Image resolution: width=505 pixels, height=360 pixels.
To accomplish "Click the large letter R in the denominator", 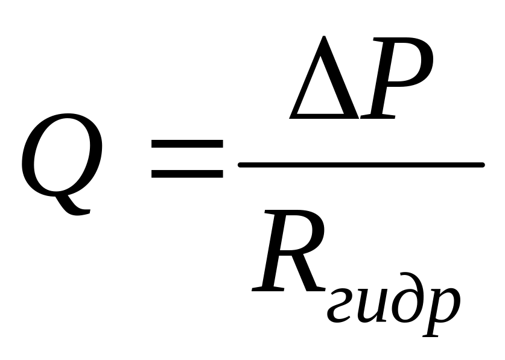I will [290, 253].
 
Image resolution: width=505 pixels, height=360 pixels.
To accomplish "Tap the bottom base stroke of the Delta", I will [320, 115].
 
